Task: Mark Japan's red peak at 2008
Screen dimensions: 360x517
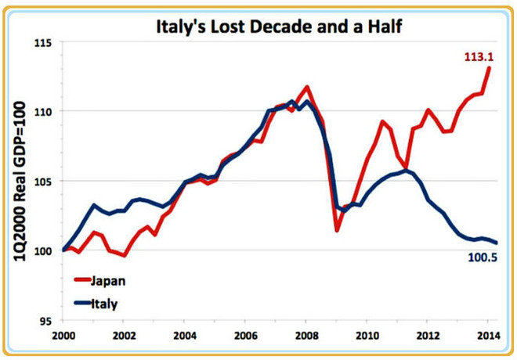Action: (306, 87)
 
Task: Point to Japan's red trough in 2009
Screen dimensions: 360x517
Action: (337, 230)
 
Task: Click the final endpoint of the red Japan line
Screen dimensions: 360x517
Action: (490, 67)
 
